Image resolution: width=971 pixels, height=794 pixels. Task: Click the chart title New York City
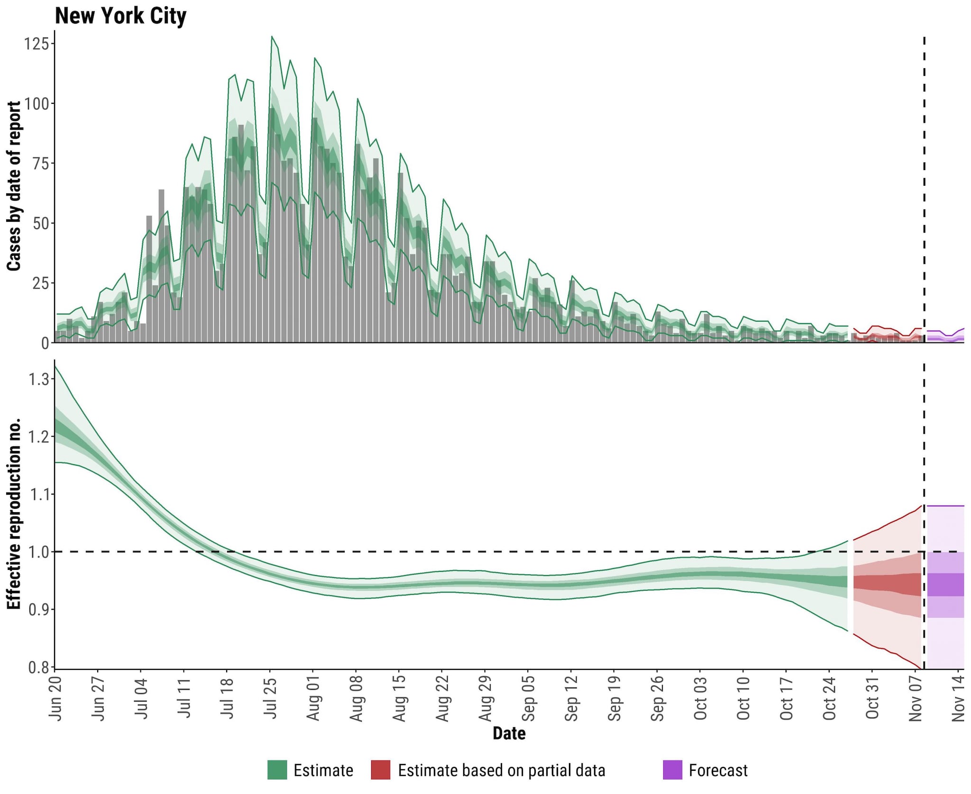(120, 16)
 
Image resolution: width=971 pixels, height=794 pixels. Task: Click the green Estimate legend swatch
(277, 770)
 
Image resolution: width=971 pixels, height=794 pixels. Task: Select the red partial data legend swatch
(380, 770)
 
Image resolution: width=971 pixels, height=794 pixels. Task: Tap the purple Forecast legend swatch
(672, 770)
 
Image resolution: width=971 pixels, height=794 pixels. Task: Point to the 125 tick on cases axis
(37, 44)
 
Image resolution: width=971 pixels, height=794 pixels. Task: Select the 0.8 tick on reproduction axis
(38, 668)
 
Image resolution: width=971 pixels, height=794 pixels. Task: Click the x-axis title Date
(509, 733)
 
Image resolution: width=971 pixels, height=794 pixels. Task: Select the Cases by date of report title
(14, 186)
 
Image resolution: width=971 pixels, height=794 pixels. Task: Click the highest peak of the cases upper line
(272, 36)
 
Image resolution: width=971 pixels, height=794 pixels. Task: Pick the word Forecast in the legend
(718, 770)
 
